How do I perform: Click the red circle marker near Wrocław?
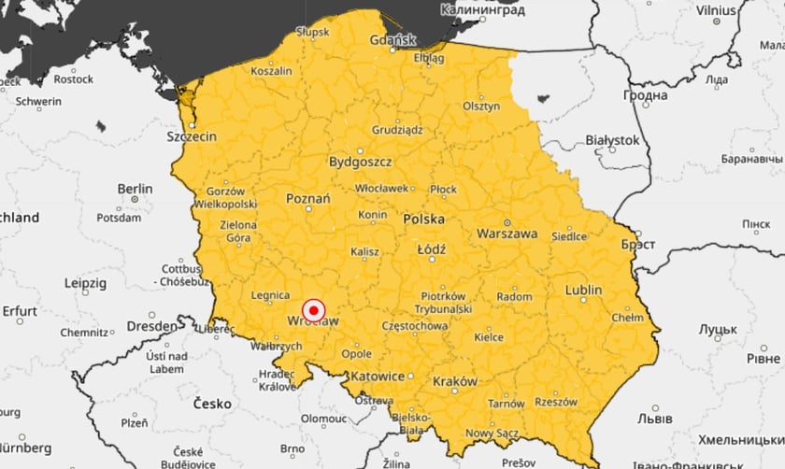[x=314, y=309]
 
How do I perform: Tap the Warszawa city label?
[x=507, y=233]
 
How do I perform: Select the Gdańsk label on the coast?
[x=392, y=40]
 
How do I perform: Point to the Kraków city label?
[x=455, y=381]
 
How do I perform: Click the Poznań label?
[x=307, y=199]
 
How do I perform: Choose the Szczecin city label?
[x=192, y=136]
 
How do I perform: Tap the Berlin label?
[x=135, y=189]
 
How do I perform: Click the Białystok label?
[x=611, y=140]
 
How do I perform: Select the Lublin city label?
[x=583, y=290]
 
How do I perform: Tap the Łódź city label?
[x=432, y=249]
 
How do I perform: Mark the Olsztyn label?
[x=481, y=107]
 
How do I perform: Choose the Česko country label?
[x=211, y=404]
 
